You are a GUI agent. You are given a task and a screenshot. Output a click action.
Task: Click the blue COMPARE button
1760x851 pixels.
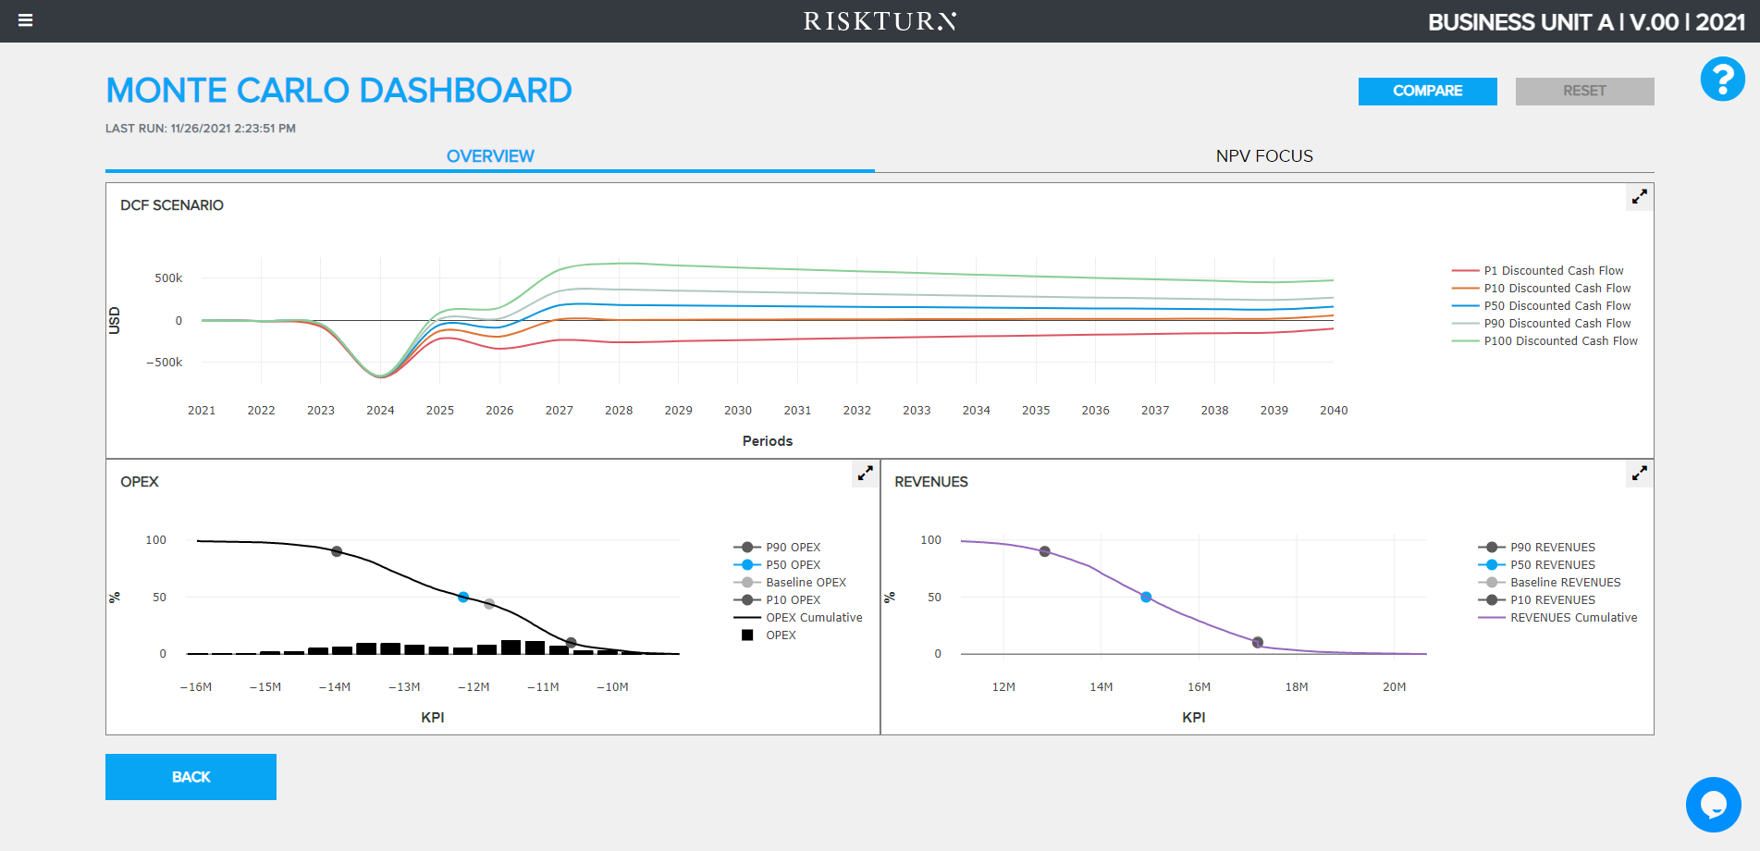1427,91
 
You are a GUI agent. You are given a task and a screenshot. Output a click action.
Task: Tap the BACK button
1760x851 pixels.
191,777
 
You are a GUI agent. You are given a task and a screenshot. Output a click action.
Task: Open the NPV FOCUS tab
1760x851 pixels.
1263,156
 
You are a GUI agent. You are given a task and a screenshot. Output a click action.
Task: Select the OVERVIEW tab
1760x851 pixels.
490,156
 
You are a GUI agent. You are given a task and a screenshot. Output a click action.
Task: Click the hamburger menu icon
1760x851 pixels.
26,20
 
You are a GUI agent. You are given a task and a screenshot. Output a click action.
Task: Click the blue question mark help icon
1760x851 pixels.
1722,80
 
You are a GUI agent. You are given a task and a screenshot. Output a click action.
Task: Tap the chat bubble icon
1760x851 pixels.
1713,804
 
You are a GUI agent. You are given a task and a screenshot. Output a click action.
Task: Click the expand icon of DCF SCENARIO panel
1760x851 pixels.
1639,197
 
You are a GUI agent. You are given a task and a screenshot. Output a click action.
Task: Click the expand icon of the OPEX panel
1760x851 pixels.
865,474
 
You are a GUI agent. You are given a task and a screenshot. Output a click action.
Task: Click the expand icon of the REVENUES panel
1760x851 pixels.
1639,474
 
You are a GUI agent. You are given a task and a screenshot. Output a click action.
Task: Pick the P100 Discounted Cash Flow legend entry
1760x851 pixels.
1560,341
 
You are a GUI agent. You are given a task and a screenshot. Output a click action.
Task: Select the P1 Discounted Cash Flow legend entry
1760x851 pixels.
1553,271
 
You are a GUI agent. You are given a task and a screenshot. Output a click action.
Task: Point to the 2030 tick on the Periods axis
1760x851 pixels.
738,411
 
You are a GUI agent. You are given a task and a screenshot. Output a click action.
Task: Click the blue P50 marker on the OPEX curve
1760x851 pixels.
463,598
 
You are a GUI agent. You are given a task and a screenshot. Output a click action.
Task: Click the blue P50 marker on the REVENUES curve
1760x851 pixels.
1146,598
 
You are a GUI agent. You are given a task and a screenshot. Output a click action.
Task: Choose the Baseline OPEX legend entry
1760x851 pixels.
806,583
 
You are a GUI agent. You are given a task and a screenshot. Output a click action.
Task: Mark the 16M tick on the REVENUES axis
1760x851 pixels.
1199,687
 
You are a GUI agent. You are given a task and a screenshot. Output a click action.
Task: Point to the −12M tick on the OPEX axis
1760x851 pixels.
474,687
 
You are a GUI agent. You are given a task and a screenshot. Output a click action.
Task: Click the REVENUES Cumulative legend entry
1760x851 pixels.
1572,618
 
